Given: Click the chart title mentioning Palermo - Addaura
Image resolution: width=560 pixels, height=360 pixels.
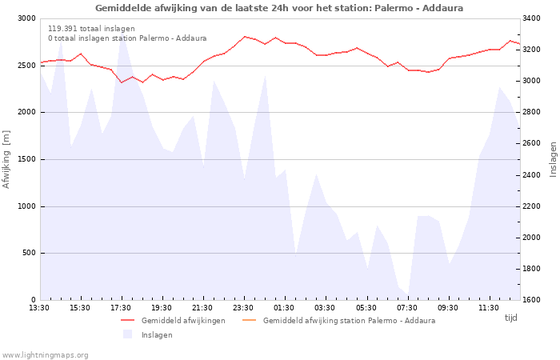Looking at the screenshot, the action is tap(279, 8).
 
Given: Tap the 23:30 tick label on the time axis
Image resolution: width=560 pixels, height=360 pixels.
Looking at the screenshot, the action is tap(243, 308).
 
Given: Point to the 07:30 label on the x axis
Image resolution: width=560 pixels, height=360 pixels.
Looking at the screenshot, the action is tap(407, 308).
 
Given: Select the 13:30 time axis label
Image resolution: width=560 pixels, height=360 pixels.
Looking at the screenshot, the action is tap(39, 308).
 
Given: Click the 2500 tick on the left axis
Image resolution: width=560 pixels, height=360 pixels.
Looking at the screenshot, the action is tap(27, 66).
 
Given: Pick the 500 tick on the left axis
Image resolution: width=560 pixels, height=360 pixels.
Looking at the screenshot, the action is tap(30, 253).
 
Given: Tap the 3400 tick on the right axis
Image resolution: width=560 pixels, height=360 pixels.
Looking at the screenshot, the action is tap(531, 18).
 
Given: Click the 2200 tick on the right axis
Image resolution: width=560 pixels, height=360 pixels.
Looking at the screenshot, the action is tap(531, 206).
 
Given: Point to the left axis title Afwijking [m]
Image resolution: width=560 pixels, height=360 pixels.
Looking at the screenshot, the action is tap(6, 159).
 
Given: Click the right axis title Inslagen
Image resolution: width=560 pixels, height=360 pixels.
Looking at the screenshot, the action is tap(554, 159).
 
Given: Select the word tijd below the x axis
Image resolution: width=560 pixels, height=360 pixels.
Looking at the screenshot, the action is tap(510, 318).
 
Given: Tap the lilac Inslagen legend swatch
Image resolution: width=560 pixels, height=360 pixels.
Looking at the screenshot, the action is tap(127, 334).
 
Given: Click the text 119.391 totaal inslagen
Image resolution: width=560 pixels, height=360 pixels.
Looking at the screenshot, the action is tap(91, 29).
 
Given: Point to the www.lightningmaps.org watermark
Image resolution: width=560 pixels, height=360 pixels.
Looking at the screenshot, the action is tap(44, 355).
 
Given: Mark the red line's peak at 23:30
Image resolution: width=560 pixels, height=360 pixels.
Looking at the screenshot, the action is tap(245, 37).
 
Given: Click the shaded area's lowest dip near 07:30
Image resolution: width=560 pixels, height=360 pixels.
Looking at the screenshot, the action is tap(408, 295).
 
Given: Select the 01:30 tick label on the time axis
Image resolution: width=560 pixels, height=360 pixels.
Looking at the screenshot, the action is tap(284, 308).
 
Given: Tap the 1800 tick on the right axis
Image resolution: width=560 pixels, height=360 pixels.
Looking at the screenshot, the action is tap(531, 269).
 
